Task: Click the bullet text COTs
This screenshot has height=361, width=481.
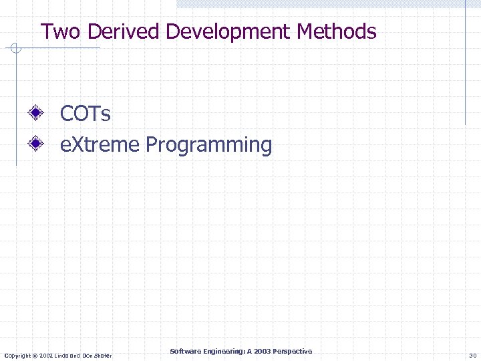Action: tap(86, 114)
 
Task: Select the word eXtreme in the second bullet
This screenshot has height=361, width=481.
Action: tap(100, 144)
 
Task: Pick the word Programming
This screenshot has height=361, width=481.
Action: tap(209, 145)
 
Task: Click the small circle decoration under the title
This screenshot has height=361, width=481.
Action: tap(17, 48)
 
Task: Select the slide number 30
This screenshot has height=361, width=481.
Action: tap(473, 355)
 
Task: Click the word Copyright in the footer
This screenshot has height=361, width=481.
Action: tap(17, 355)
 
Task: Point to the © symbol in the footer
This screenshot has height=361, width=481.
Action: tap(36, 355)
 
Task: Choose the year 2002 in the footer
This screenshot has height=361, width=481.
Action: tap(47, 355)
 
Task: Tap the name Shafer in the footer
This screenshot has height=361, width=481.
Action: tap(102, 355)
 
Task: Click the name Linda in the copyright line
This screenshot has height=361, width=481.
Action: tap(63, 355)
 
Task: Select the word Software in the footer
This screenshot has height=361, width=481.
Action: tap(184, 352)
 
